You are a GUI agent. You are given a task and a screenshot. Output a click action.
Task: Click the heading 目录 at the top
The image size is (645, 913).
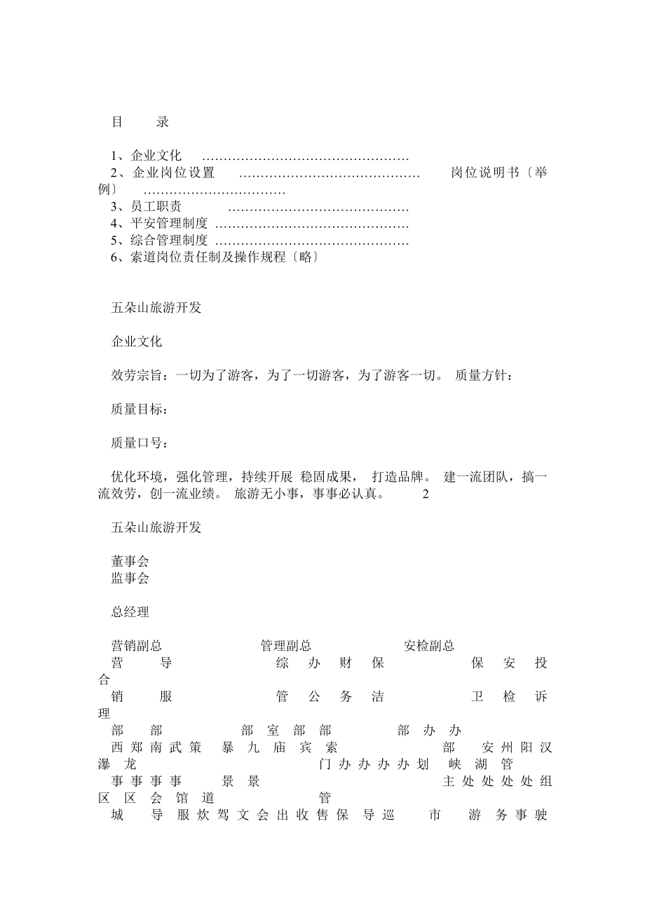coord(140,122)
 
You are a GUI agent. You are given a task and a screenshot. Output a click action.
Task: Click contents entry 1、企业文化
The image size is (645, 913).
coord(146,156)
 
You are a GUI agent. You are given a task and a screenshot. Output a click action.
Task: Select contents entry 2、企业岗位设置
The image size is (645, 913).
coord(163,173)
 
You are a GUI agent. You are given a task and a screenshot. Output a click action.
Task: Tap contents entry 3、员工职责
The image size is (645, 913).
coord(146,207)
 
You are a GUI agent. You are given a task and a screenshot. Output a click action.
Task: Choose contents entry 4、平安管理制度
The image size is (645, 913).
coord(159,224)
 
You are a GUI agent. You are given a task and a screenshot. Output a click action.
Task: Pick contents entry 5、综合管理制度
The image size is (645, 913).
coord(159,241)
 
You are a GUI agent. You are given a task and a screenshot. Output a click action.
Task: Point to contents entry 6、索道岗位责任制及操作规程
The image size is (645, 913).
coord(207,257)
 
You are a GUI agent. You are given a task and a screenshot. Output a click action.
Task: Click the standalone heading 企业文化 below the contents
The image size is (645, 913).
coord(137,342)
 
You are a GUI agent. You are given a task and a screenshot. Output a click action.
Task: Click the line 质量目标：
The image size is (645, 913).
coord(140,410)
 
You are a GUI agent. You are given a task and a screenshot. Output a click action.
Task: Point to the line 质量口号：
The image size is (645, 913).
coord(140,443)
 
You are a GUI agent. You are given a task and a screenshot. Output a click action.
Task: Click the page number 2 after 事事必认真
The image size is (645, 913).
coord(426,494)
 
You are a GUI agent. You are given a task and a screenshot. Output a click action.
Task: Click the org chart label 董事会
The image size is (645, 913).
coord(130,562)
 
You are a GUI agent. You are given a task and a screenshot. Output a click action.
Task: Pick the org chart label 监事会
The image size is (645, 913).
coord(130,579)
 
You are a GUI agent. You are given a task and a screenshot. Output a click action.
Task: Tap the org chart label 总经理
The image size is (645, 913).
coord(130,612)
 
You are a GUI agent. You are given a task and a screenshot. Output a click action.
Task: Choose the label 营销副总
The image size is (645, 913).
coord(137,646)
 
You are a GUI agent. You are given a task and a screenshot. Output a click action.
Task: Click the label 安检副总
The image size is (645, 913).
coord(429,646)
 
